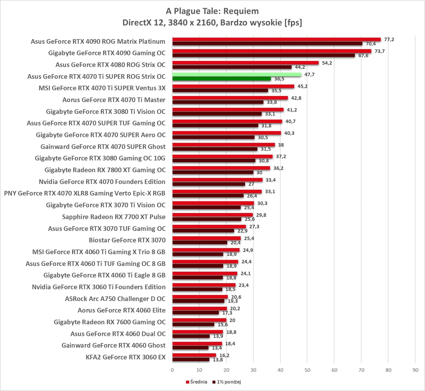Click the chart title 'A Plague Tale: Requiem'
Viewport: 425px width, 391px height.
pyautogui.click(x=212, y=11)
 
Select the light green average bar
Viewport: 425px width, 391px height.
pyautogui.click(x=237, y=74)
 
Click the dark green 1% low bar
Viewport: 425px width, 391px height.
pyautogui.click(x=221, y=79)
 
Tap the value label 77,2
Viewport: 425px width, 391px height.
pyautogui.click(x=389, y=40)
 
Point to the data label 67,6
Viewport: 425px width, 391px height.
pyautogui.click(x=363, y=56)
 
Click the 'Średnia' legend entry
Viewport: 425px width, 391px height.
pyautogui.click(x=197, y=382)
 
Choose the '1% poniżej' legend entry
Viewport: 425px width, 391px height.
pyautogui.click(x=227, y=382)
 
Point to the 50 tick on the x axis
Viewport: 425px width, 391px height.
pyautogui.click(x=307, y=370)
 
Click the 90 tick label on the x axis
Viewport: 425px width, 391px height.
pyautogui.click(x=415, y=370)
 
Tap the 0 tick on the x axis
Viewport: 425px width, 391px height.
pyautogui.click(x=172, y=370)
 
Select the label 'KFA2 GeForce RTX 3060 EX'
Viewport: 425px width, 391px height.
pyautogui.click(x=126, y=357)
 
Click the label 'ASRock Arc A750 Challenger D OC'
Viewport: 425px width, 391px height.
pyautogui.click(x=115, y=299)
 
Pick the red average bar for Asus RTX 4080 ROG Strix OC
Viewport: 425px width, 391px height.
pyautogui.click(x=245, y=63)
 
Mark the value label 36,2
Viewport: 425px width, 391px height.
pyautogui.click(x=278, y=168)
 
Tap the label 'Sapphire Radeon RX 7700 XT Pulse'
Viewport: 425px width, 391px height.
pyautogui.click(x=114, y=217)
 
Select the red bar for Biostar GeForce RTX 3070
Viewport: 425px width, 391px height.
pyautogui.click(x=206, y=238)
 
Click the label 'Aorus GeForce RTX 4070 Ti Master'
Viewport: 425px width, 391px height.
pyautogui.click(x=114, y=100)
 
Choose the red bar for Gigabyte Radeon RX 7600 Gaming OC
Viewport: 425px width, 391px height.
pyautogui.click(x=199, y=320)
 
